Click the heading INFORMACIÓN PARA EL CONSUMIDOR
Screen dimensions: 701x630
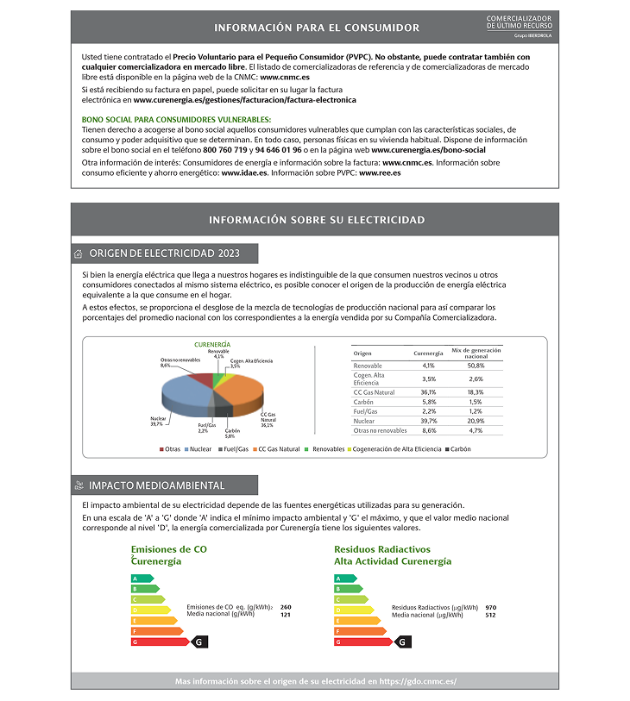tap(316, 28)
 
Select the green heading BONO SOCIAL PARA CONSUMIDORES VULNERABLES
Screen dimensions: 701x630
tap(176, 119)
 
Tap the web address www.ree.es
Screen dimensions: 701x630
tap(380, 172)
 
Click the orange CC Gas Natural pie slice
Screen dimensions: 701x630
tap(241, 397)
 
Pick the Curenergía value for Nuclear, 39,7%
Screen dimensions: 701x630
tap(428, 421)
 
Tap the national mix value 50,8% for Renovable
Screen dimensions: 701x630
tap(476, 366)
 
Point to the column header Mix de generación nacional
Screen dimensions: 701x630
tap(476, 353)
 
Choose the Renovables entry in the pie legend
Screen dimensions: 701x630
tap(328, 449)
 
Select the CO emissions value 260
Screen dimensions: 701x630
tap(286, 607)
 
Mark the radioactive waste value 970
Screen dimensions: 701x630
tap(490, 607)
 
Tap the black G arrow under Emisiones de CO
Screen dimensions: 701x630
tap(198, 642)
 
